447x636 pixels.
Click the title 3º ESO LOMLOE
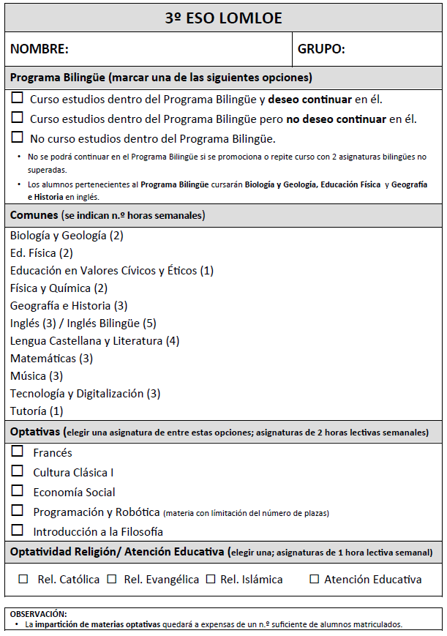click(x=223, y=18)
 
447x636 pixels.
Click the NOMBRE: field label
click(x=40, y=50)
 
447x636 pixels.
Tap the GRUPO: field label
click(x=321, y=50)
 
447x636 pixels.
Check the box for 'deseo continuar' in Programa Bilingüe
click(x=18, y=98)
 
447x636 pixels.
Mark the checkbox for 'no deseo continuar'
click(x=18, y=117)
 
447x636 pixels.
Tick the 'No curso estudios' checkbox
click(x=18, y=137)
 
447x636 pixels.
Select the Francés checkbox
click(x=18, y=452)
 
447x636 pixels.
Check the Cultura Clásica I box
click(x=18, y=471)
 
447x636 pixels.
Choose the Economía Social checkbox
click(x=18, y=490)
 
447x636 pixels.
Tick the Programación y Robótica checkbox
click(x=18, y=510)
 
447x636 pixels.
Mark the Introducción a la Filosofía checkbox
click(x=18, y=530)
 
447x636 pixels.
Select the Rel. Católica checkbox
click(x=23, y=579)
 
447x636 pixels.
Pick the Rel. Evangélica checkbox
click(x=112, y=579)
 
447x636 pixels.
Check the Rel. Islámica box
click(x=211, y=579)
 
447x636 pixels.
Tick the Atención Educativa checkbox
click(x=315, y=579)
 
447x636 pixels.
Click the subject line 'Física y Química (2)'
click(x=59, y=288)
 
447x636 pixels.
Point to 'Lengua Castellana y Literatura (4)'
click(x=94, y=341)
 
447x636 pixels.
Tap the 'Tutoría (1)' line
click(x=37, y=411)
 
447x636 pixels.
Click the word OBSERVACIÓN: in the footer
click(x=38, y=613)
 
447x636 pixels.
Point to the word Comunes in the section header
click(x=34, y=215)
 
